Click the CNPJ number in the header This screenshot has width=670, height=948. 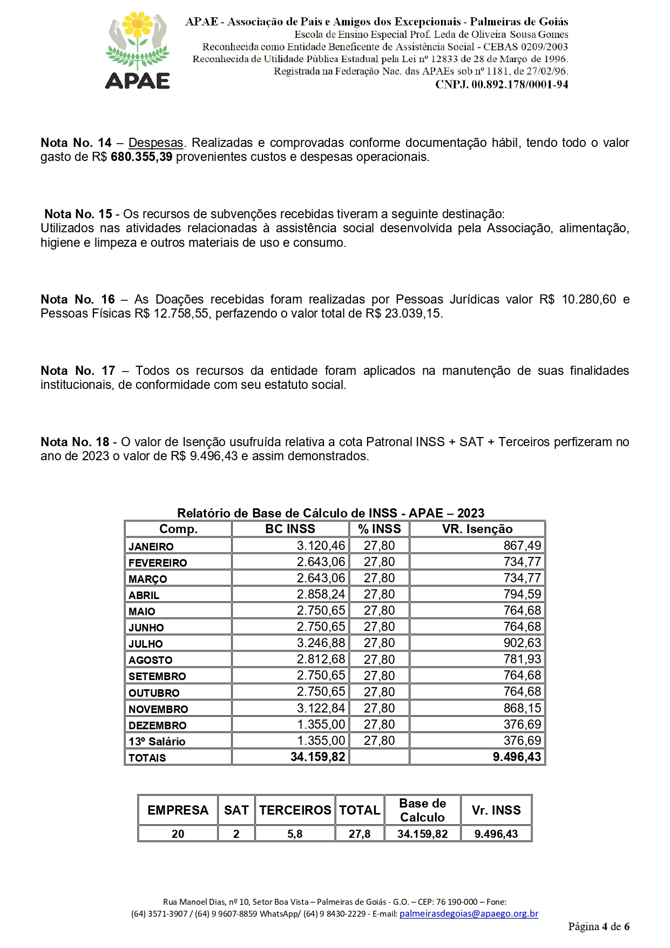[x=501, y=84]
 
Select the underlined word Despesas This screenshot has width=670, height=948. [x=155, y=143]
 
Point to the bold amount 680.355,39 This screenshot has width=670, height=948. [x=141, y=157]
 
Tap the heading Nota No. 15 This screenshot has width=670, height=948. [x=78, y=214]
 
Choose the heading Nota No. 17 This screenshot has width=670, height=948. [x=78, y=371]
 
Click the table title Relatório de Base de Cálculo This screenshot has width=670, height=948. [x=330, y=513]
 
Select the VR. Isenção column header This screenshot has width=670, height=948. [x=477, y=529]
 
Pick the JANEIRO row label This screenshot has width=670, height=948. [x=151, y=547]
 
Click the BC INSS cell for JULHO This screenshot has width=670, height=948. [x=321, y=643]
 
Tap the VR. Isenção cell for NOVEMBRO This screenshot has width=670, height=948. [x=522, y=708]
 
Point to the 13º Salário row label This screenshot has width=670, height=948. [x=157, y=742]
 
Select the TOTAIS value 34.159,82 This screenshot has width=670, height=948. [x=317, y=757]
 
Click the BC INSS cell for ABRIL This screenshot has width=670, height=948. [x=321, y=595]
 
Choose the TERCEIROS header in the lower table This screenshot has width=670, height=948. [x=295, y=810]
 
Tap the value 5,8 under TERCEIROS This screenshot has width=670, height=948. [x=295, y=834]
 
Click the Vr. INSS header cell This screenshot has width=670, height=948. [x=496, y=810]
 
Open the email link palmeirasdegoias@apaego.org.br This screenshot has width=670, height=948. [x=469, y=914]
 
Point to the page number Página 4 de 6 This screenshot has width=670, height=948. [x=598, y=927]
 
